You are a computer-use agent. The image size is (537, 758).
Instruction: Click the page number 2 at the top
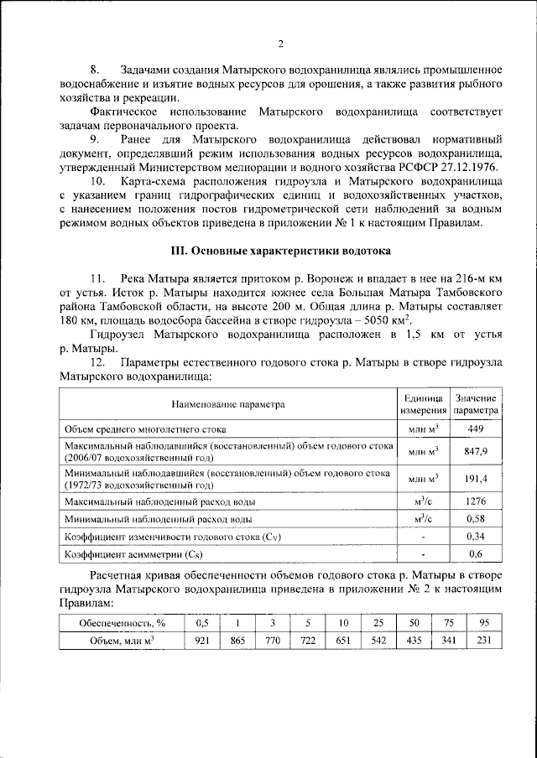coord(280,44)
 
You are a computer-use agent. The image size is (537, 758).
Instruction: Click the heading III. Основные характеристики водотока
coord(280,251)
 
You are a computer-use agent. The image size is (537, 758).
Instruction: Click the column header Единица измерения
coord(423,404)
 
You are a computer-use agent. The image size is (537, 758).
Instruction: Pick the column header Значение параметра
coord(476,404)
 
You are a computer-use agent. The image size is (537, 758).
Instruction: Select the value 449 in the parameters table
coord(476,428)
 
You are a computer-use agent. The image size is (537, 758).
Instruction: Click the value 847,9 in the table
coord(476,451)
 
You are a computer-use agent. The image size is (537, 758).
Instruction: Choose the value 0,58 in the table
coord(476,519)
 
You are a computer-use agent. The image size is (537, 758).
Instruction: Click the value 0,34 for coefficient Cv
coord(476,537)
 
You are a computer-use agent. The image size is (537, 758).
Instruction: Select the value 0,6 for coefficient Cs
coord(476,554)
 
